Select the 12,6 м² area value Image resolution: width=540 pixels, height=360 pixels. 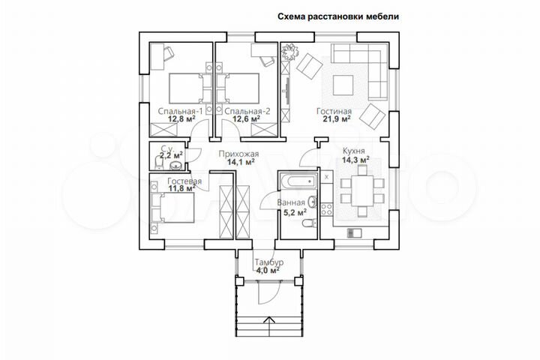point(246,118)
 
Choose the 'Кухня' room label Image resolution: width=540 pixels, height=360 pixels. point(355,151)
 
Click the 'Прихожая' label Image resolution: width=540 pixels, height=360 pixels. point(234,152)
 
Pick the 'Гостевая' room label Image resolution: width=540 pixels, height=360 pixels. point(183,182)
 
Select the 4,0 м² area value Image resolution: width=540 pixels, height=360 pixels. point(268,271)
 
